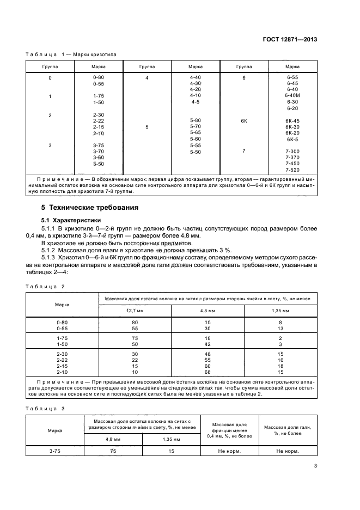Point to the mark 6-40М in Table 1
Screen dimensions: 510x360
point(292,95)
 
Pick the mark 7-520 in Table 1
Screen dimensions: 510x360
point(292,170)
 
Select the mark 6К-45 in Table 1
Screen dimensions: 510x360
point(292,120)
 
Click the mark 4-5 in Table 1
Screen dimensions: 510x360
point(196,102)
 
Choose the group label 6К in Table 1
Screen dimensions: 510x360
point(244,120)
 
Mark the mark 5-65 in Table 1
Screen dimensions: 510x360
point(196,132)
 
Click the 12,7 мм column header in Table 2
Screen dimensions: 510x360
point(135,311)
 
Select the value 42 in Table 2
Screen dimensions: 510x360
point(208,345)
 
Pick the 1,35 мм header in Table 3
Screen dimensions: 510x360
point(172,439)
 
